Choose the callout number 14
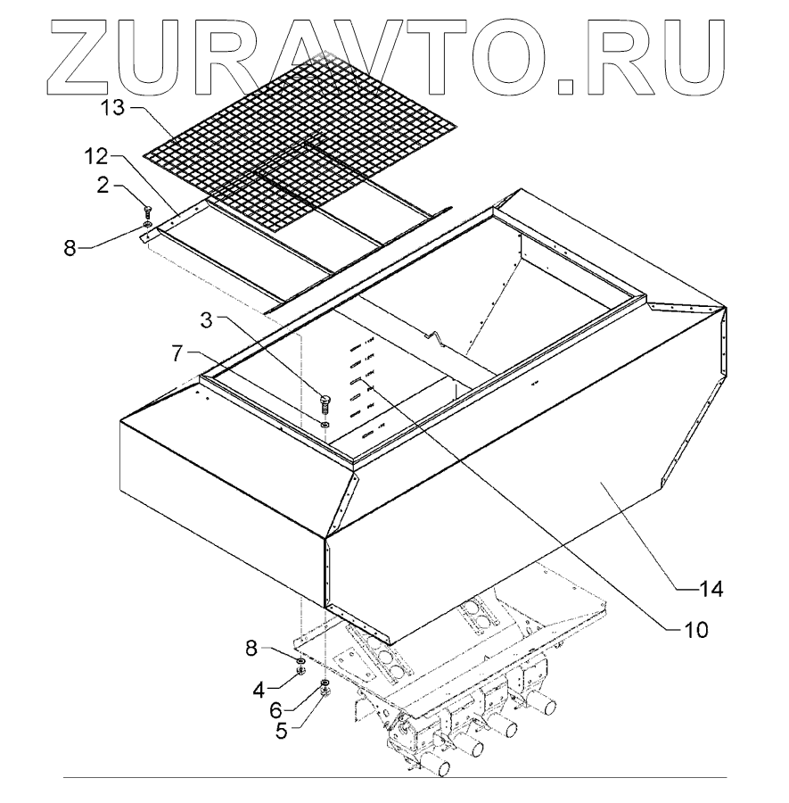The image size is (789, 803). [x=711, y=589]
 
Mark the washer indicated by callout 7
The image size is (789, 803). [x=326, y=426]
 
